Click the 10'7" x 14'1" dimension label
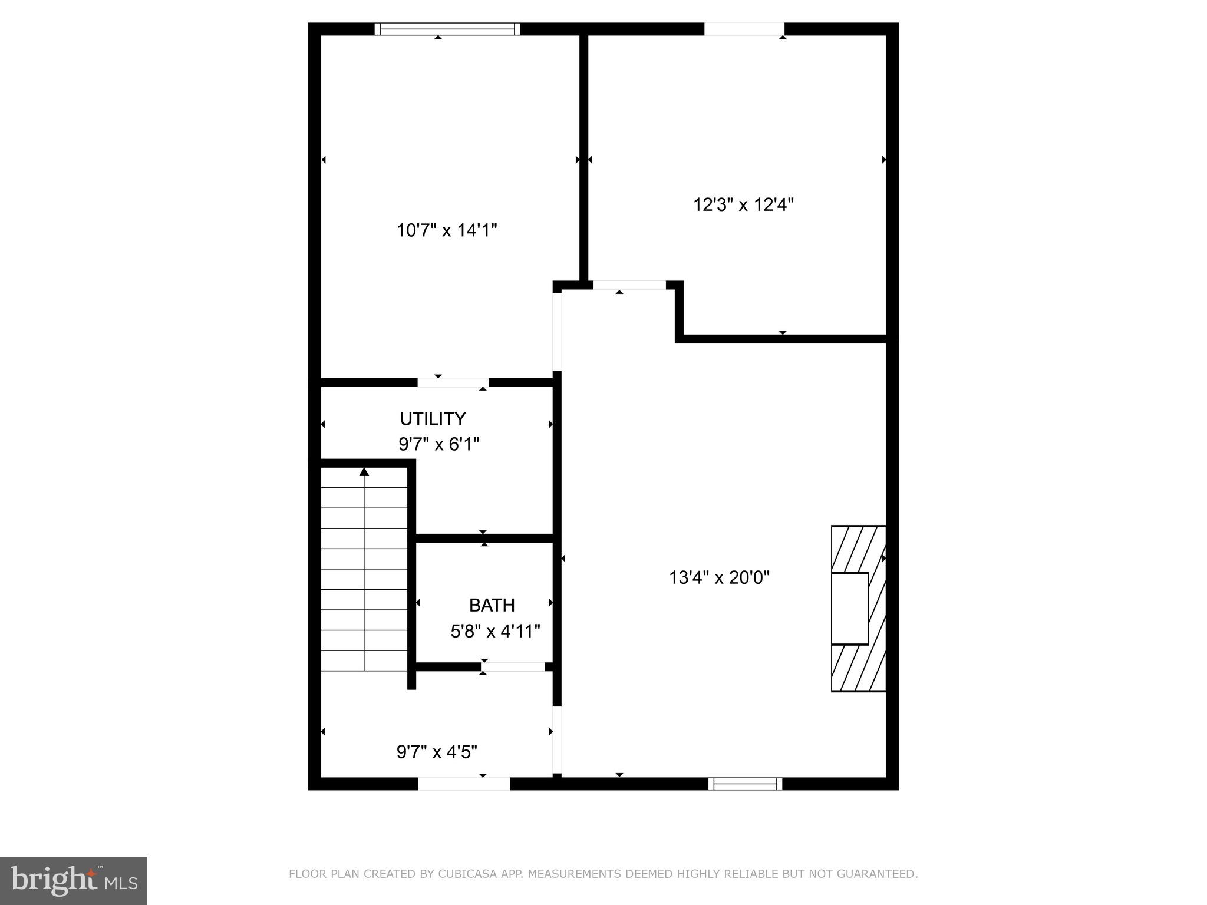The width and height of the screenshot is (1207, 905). (x=447, y=230)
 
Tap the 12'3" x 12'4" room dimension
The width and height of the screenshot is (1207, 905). (x=743, y=205)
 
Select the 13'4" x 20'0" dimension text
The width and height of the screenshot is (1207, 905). (x=719, y=577)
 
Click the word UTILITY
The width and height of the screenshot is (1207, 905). (x=433, y=419)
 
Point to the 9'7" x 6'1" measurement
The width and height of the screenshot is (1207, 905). (x=438, y=444)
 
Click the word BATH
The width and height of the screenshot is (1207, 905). (x=492, y=605)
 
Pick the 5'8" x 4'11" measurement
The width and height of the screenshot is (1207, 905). (x=495, y=632)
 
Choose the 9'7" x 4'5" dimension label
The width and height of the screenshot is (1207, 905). (x=437, y=752)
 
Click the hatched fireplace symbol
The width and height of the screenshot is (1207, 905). (x=858, y=608)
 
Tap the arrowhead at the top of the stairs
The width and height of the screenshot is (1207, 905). (x=364, y=472)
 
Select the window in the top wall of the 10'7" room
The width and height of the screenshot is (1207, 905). (x=447, y=29)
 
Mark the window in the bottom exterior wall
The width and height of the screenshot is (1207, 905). (x=745, y=784)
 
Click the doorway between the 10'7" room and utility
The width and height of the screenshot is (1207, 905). (x=453, y=382)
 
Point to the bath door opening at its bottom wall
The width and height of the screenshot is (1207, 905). (x=513, y=667)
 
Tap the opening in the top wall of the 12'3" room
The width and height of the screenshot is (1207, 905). (x=744, y=29)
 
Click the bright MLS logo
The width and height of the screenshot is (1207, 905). (x=74, y=880)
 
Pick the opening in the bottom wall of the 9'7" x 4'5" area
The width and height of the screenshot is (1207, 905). (x=463, y=784)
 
